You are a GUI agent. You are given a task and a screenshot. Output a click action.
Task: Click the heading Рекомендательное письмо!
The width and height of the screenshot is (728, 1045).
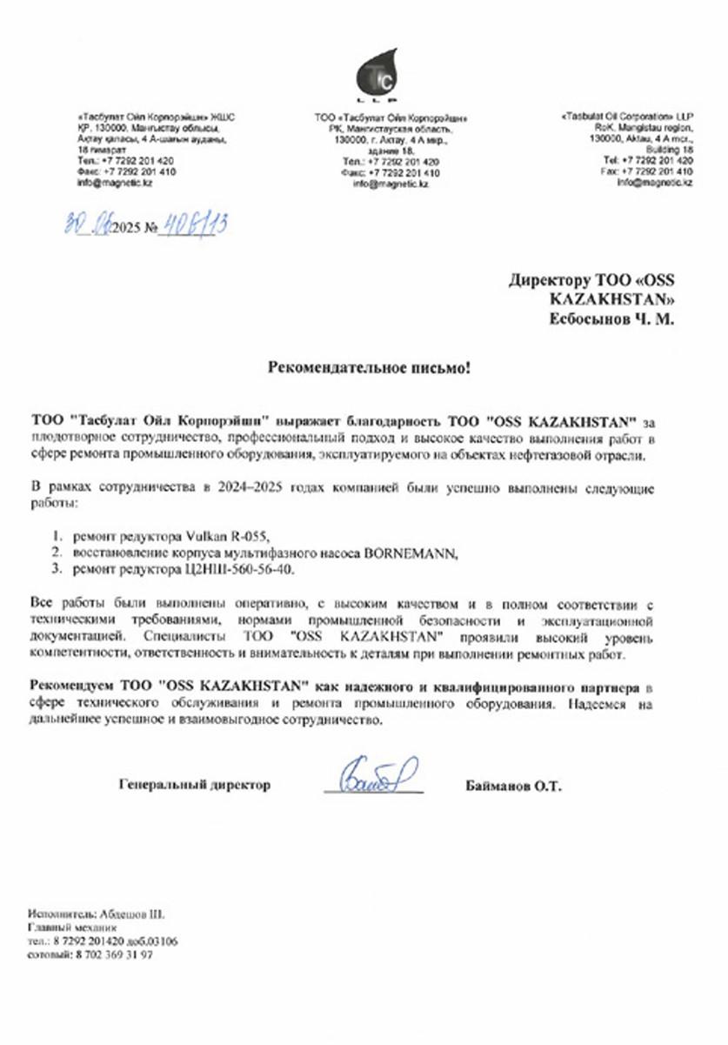click(368, 368)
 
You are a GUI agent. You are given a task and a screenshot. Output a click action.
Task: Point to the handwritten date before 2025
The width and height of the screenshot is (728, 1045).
click(91, 226)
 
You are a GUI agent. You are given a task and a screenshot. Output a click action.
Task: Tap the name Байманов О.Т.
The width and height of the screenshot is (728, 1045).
click(514, 786)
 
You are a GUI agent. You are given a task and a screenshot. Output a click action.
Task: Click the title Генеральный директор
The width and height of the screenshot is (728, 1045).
click(194, 785)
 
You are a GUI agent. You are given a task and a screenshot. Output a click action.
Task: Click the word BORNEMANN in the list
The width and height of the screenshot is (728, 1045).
click(413, 552)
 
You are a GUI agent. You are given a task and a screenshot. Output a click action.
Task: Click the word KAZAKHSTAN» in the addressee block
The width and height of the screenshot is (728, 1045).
click(614, 299)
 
